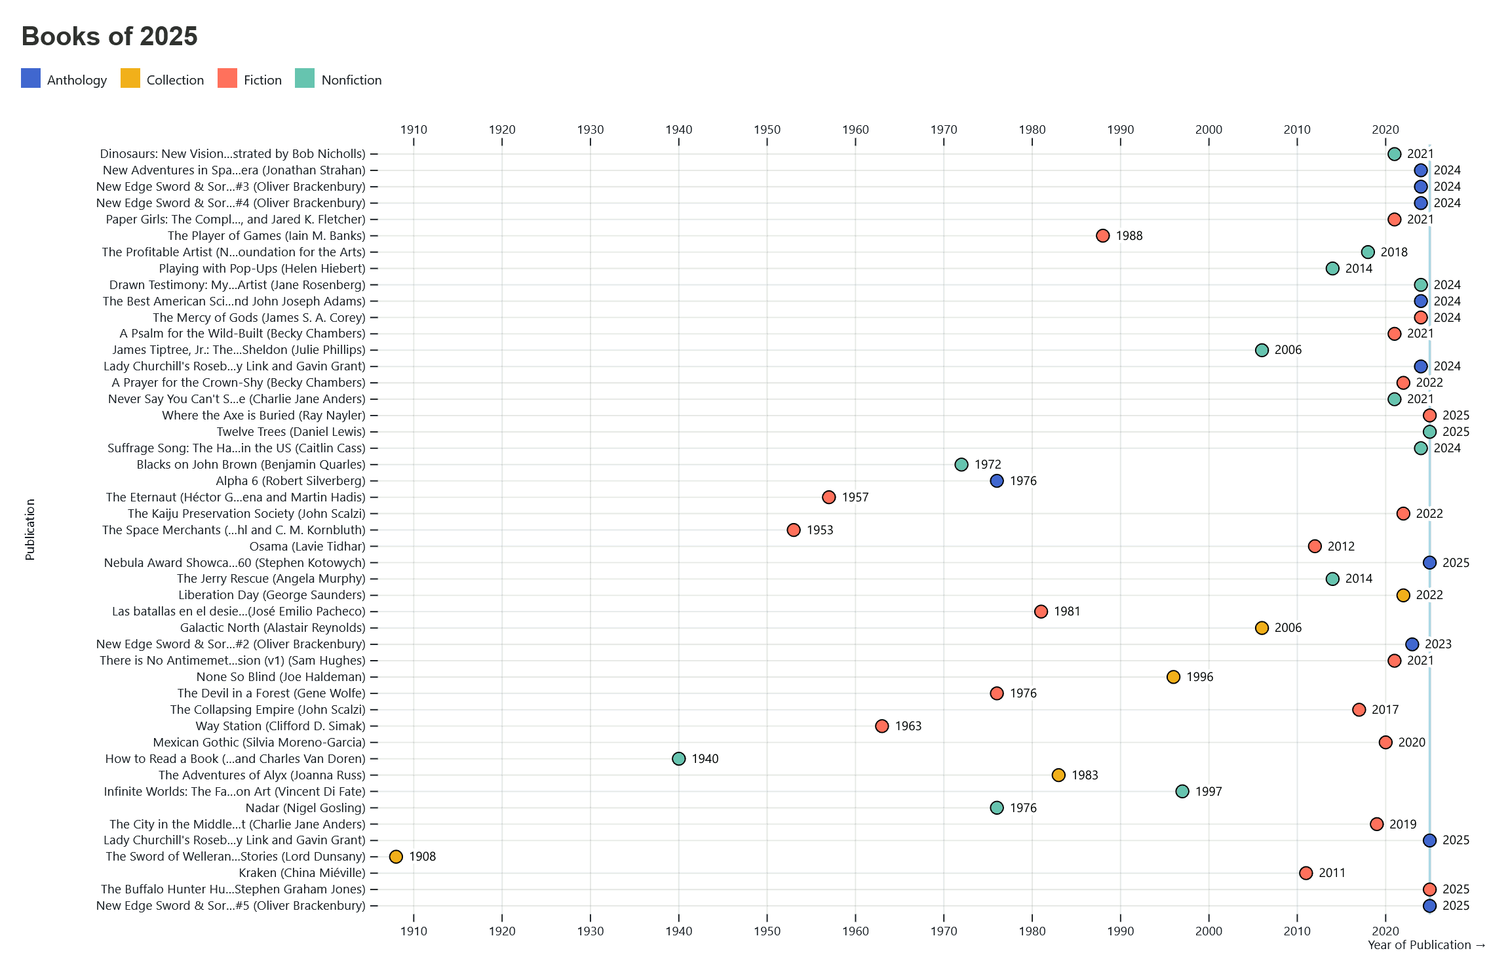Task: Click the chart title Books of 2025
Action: pos(109,36)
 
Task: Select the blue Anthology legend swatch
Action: pos(31,78)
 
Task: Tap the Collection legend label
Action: pos(175,80)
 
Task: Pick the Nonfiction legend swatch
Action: pos(305,78)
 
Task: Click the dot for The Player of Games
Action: pos(1103,236)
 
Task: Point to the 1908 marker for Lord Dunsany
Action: pos(396,857)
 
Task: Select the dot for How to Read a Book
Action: pos(679,758)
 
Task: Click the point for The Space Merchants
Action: pos(794,530)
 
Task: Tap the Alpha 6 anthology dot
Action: pos(997,481)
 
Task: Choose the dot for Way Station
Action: pos(882,726)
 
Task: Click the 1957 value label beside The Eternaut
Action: pos(855,497)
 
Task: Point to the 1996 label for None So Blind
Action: pos(1200,677)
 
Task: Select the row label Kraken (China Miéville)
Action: pos(302,873)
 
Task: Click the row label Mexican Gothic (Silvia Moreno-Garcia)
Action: pos(259,743)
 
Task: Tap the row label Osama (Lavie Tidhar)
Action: pos(307,547)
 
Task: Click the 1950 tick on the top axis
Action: pos(767,130)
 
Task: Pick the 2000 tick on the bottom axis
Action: pos(1209,931)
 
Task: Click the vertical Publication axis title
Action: pos(30,530)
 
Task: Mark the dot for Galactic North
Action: pos(1262,628)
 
